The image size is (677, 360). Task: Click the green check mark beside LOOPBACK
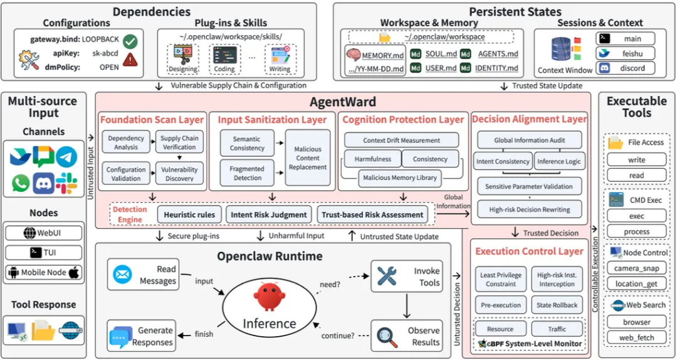(130, 41)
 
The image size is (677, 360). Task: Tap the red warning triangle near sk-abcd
(130, 60)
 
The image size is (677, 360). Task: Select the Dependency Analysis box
(126, 142)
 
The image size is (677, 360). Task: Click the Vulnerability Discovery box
(179, 174)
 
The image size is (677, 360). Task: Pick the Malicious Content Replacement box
(307, 158)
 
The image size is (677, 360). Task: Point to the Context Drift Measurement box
(402, 140)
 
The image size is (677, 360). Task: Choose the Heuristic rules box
(189, 214)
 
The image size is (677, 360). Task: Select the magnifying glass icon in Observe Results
(387, 337)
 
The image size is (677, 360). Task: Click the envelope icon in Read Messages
(122, 275)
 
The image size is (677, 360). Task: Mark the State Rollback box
(557, 305)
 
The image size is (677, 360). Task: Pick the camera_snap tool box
(637, 268)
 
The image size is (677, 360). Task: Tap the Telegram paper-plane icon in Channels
(66, 156)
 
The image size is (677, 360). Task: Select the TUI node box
(43, 252)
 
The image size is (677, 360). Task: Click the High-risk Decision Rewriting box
(529, 209)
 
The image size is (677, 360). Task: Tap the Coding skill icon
(224, 56)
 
